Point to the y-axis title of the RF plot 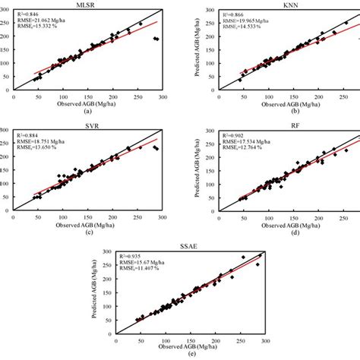[x=202, y=169]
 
